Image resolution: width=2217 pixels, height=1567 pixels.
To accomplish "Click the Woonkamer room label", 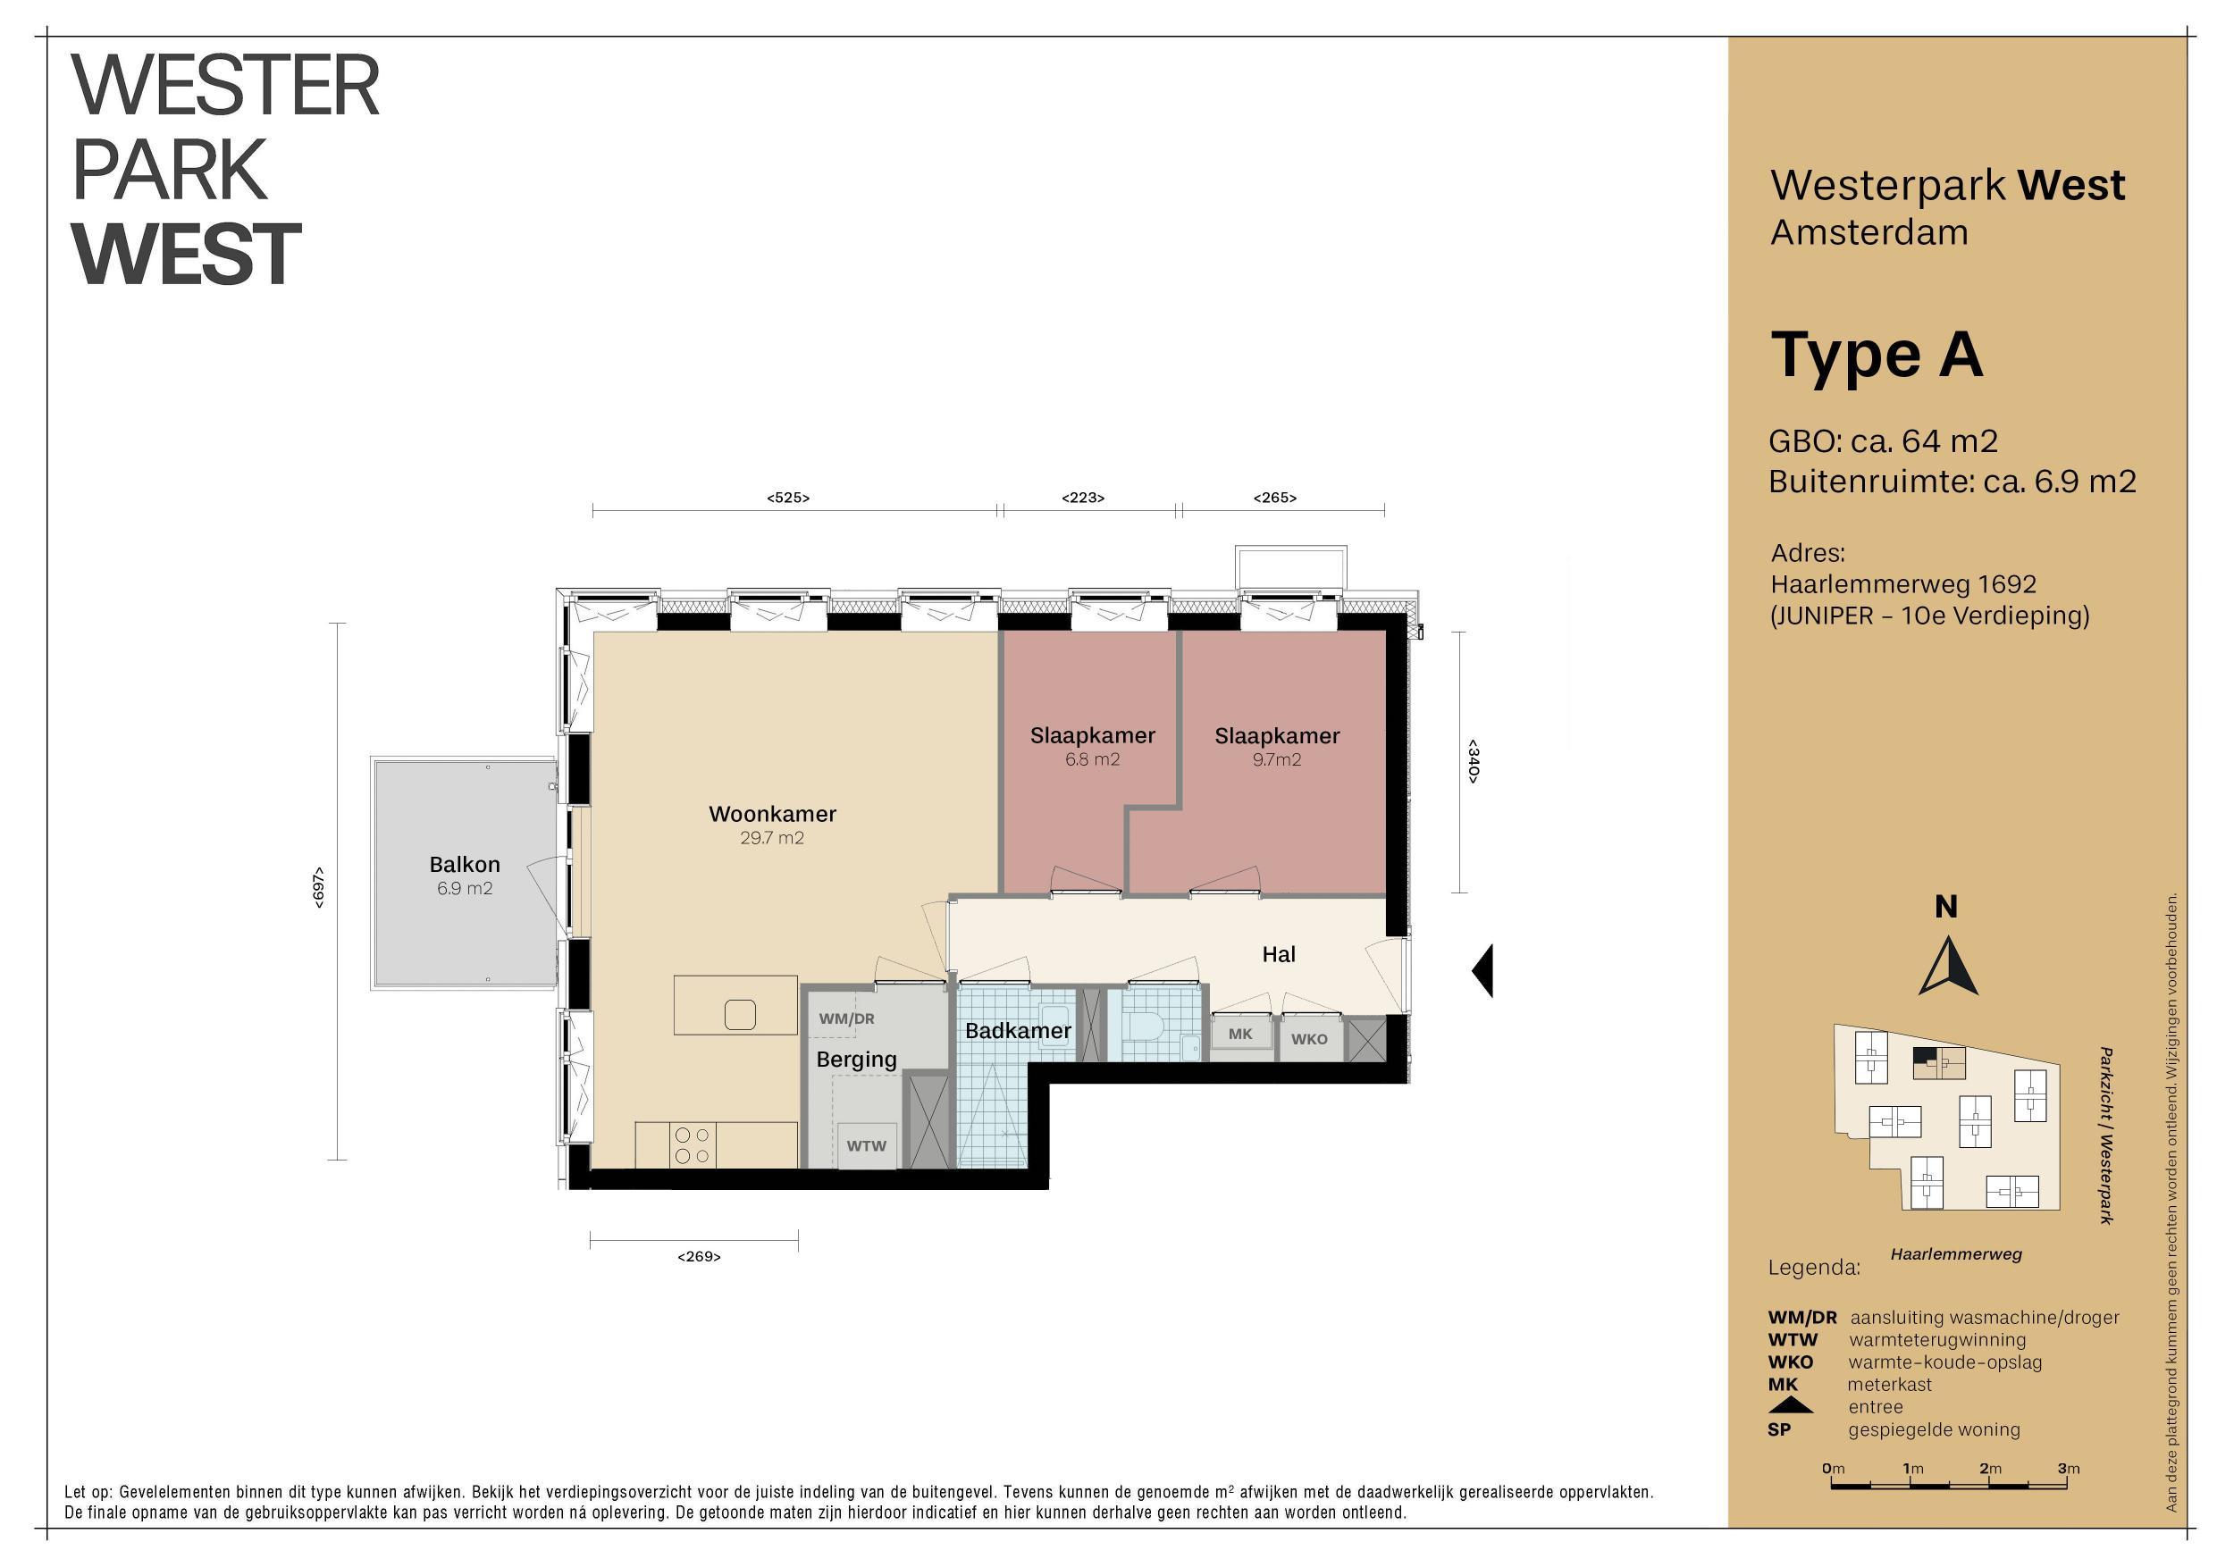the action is click(772, 814).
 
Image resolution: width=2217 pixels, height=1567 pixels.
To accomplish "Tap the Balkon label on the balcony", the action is click(465, 864).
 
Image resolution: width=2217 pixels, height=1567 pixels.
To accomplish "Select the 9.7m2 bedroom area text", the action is click(1277, 760).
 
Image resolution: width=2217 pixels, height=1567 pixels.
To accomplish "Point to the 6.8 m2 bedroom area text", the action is click(1092, 760).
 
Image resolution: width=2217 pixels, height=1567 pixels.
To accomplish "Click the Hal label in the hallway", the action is click(1279, 954).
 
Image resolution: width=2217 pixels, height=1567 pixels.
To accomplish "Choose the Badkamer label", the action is click(1018, 1030).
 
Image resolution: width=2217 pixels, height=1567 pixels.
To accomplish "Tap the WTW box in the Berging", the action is click(866, 1146).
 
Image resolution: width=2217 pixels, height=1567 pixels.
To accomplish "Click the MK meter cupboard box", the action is click(1241, 1035).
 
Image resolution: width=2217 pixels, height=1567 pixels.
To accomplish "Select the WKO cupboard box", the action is click(1309, 1039).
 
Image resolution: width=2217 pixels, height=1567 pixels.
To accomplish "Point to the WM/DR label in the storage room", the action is click(847, 1018).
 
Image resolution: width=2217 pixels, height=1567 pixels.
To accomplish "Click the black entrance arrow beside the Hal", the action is click(1483, 970).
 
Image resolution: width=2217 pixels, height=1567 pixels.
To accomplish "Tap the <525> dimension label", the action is click(788, 499).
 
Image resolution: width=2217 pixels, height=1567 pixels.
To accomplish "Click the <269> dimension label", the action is click(699, 1256).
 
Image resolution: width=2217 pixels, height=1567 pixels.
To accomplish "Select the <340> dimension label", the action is click(1473, 761).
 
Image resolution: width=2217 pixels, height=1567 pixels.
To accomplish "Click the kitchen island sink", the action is click(740, 1014).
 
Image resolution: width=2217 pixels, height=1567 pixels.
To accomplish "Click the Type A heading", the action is click(1877, 356).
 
